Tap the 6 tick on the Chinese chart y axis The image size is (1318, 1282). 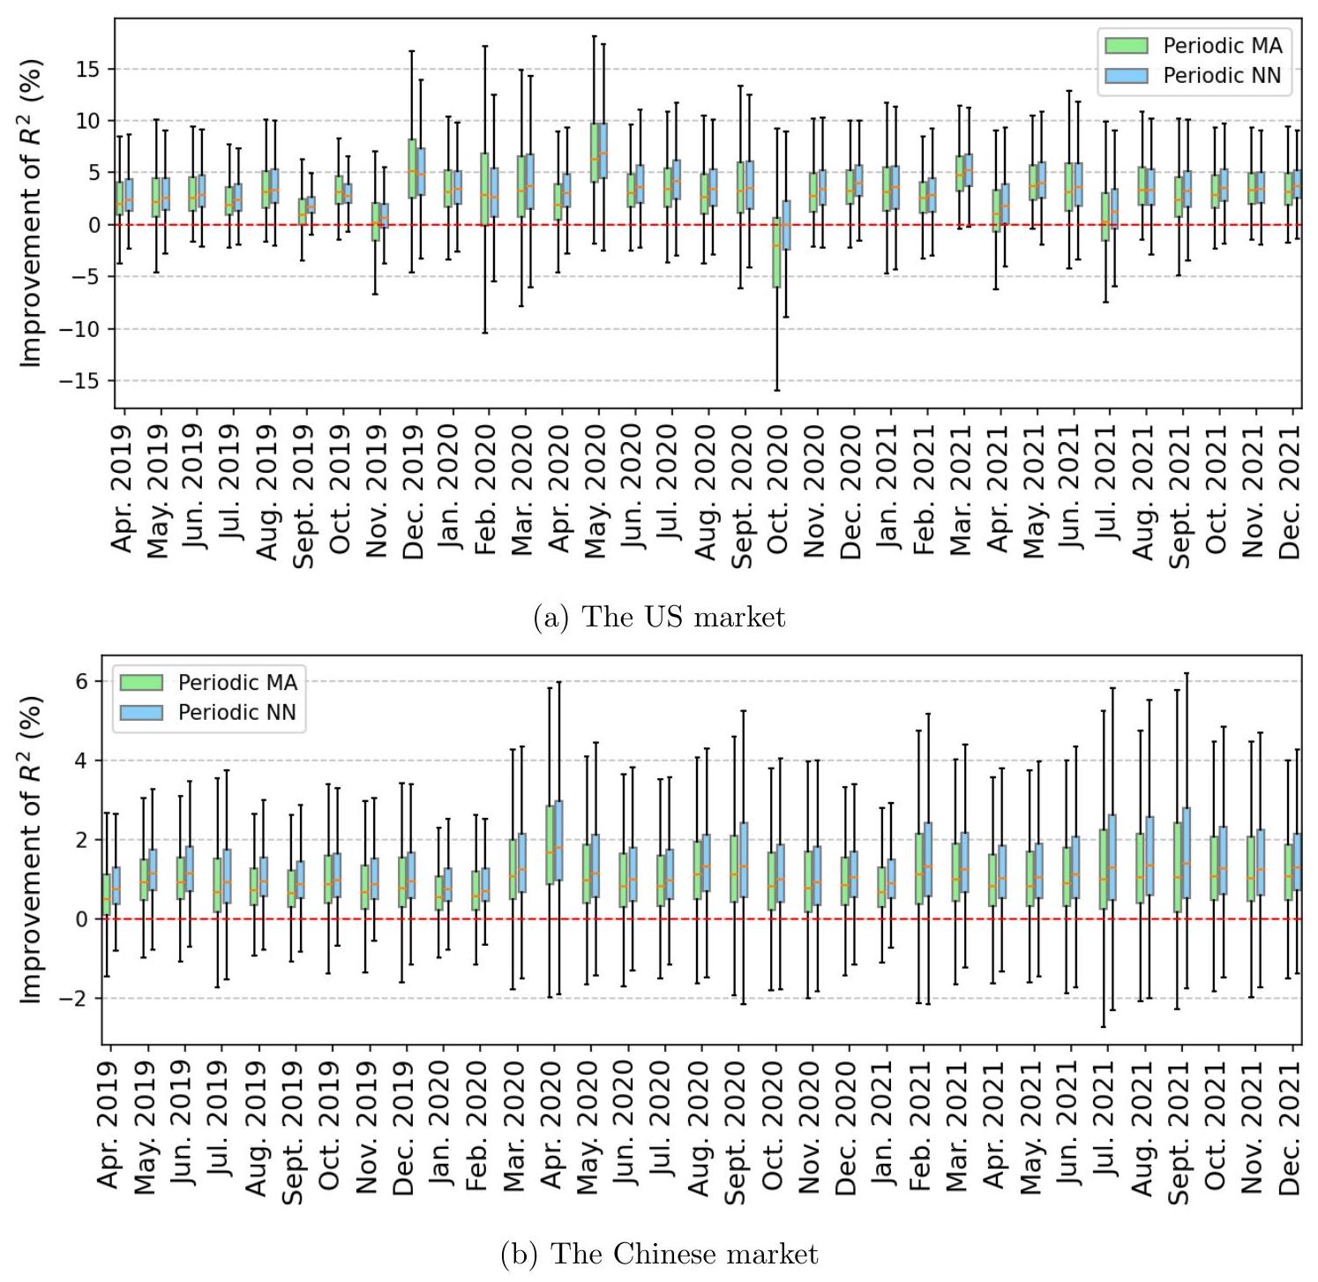pos(81,681)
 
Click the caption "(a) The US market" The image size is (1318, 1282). pos(659,617)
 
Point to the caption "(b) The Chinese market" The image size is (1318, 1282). pos(659,1254)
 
